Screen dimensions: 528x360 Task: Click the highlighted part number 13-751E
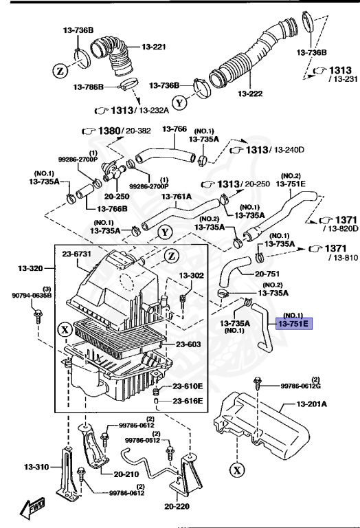coord(294,323)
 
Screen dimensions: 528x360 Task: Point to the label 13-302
coord(193,276)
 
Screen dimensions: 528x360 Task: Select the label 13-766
coord(175,129)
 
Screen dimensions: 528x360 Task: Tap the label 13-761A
coord(177,197)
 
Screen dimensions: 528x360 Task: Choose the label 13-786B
coord(89,87)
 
